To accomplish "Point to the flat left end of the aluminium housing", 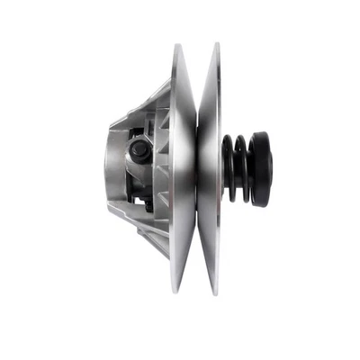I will coord(108,166).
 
